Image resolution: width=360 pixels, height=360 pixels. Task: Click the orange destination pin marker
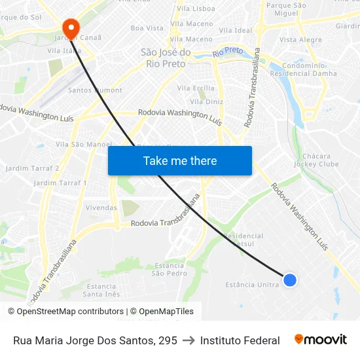point(71,27)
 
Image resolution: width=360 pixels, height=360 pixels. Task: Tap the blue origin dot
point(290,280)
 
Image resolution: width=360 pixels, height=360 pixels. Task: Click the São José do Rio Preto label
point(166,58)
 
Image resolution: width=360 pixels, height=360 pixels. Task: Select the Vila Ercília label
point(196,88)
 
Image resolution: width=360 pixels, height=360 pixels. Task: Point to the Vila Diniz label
point(210,101)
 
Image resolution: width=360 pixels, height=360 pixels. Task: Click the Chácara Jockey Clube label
point(321,160)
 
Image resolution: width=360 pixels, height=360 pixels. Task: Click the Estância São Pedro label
point(169,269)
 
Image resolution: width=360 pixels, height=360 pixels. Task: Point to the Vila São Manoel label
point(84,144)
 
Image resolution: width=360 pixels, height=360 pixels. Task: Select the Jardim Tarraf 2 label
point(32,168)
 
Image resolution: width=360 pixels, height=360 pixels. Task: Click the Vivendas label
point(101,207)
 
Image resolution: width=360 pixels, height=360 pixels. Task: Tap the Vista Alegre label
point(300,40)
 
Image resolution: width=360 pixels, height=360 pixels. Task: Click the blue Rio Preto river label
point(228,51)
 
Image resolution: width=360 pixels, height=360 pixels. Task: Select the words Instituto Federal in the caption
point(240,340)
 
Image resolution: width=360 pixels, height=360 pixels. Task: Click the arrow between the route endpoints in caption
point(189,340)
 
